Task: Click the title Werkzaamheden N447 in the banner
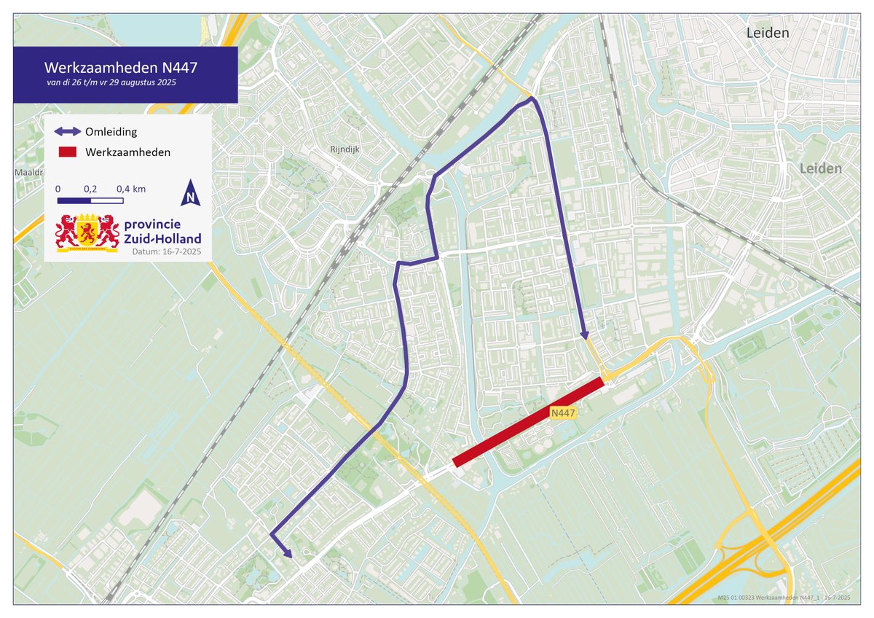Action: point(120,67)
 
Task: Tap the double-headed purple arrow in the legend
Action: point(68,132)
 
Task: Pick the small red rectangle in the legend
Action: point(68,152)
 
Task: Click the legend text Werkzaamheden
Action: point(127,152)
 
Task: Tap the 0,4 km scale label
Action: point(131,189)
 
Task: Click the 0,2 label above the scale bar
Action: point(90,189)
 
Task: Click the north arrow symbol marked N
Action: point(190,193)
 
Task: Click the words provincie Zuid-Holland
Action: point(162,231)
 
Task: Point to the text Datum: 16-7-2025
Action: point(166,252)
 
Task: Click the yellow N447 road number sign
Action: point(564,413)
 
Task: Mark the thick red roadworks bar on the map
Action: point(528,422)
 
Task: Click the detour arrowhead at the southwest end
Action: point(289,555)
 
